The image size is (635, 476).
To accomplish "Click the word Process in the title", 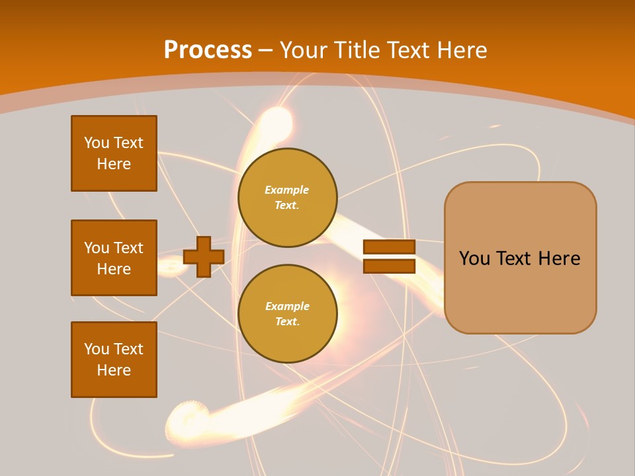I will pos(208,50).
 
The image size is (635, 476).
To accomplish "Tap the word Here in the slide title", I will pos(461,50).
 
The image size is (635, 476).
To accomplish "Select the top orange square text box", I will pos(114,153).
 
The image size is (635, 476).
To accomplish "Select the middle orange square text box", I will pos(114,258).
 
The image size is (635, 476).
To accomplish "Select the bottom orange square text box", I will pos(114,360).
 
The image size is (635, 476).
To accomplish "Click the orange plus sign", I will pos(204,257).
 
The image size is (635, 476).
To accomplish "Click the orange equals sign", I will pos(390,257).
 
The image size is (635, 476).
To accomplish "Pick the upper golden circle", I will pos(287,198).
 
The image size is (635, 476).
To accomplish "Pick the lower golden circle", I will pos(287,314).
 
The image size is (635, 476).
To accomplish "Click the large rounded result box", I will pos(520,258).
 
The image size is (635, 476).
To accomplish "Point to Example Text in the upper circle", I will pos(287,198).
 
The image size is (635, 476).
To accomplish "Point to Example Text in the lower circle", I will pos(287,314).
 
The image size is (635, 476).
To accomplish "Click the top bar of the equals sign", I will pos(390,247).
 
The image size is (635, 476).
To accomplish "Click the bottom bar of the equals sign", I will pos(390,266).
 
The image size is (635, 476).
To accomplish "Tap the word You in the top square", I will pos(96,143).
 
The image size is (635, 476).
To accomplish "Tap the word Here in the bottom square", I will pos(114,370).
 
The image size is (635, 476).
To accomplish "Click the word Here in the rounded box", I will pos(559,258).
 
